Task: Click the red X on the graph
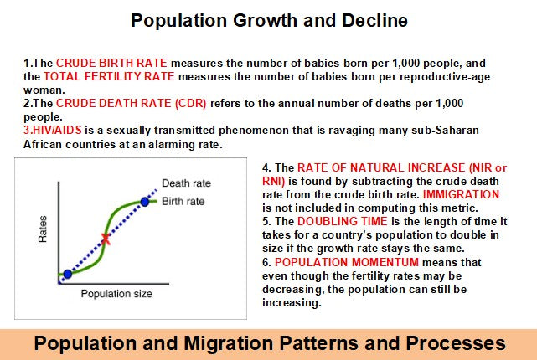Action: [106, 239]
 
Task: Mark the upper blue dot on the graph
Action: [146, 202]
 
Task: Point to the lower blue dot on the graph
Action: [67, 274]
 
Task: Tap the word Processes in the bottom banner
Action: [457, 342]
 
